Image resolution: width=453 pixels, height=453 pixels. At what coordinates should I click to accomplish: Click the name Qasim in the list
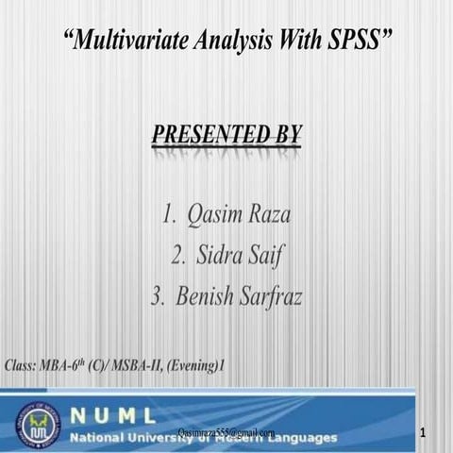click(212, 214)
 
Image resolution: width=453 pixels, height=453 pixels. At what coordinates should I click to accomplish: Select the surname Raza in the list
click(266, 214)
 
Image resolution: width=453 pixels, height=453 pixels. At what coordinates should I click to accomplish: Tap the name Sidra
click(220, 255)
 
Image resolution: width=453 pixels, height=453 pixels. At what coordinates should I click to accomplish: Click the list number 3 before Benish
click(158, 296)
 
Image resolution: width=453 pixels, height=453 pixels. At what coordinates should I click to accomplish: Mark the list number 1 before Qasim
click(168, 214)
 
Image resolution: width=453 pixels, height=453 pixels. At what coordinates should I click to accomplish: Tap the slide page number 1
click(426, 432)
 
